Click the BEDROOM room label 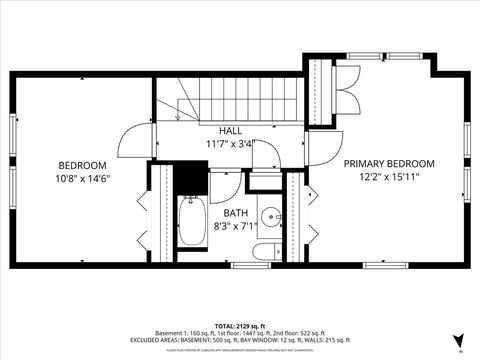[x=82, y=165]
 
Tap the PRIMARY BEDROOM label [x=389, y=163]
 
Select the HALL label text [x=230, y=131]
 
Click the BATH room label [x=235, y=213]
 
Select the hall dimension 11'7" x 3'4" [x=230, y=143]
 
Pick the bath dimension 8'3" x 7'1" [x=236, y=226]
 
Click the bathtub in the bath [x=191, y=222]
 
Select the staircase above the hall [x=240, y=101]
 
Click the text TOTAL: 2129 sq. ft [x=239, y=326]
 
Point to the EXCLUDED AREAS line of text [x=239, y=341]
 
